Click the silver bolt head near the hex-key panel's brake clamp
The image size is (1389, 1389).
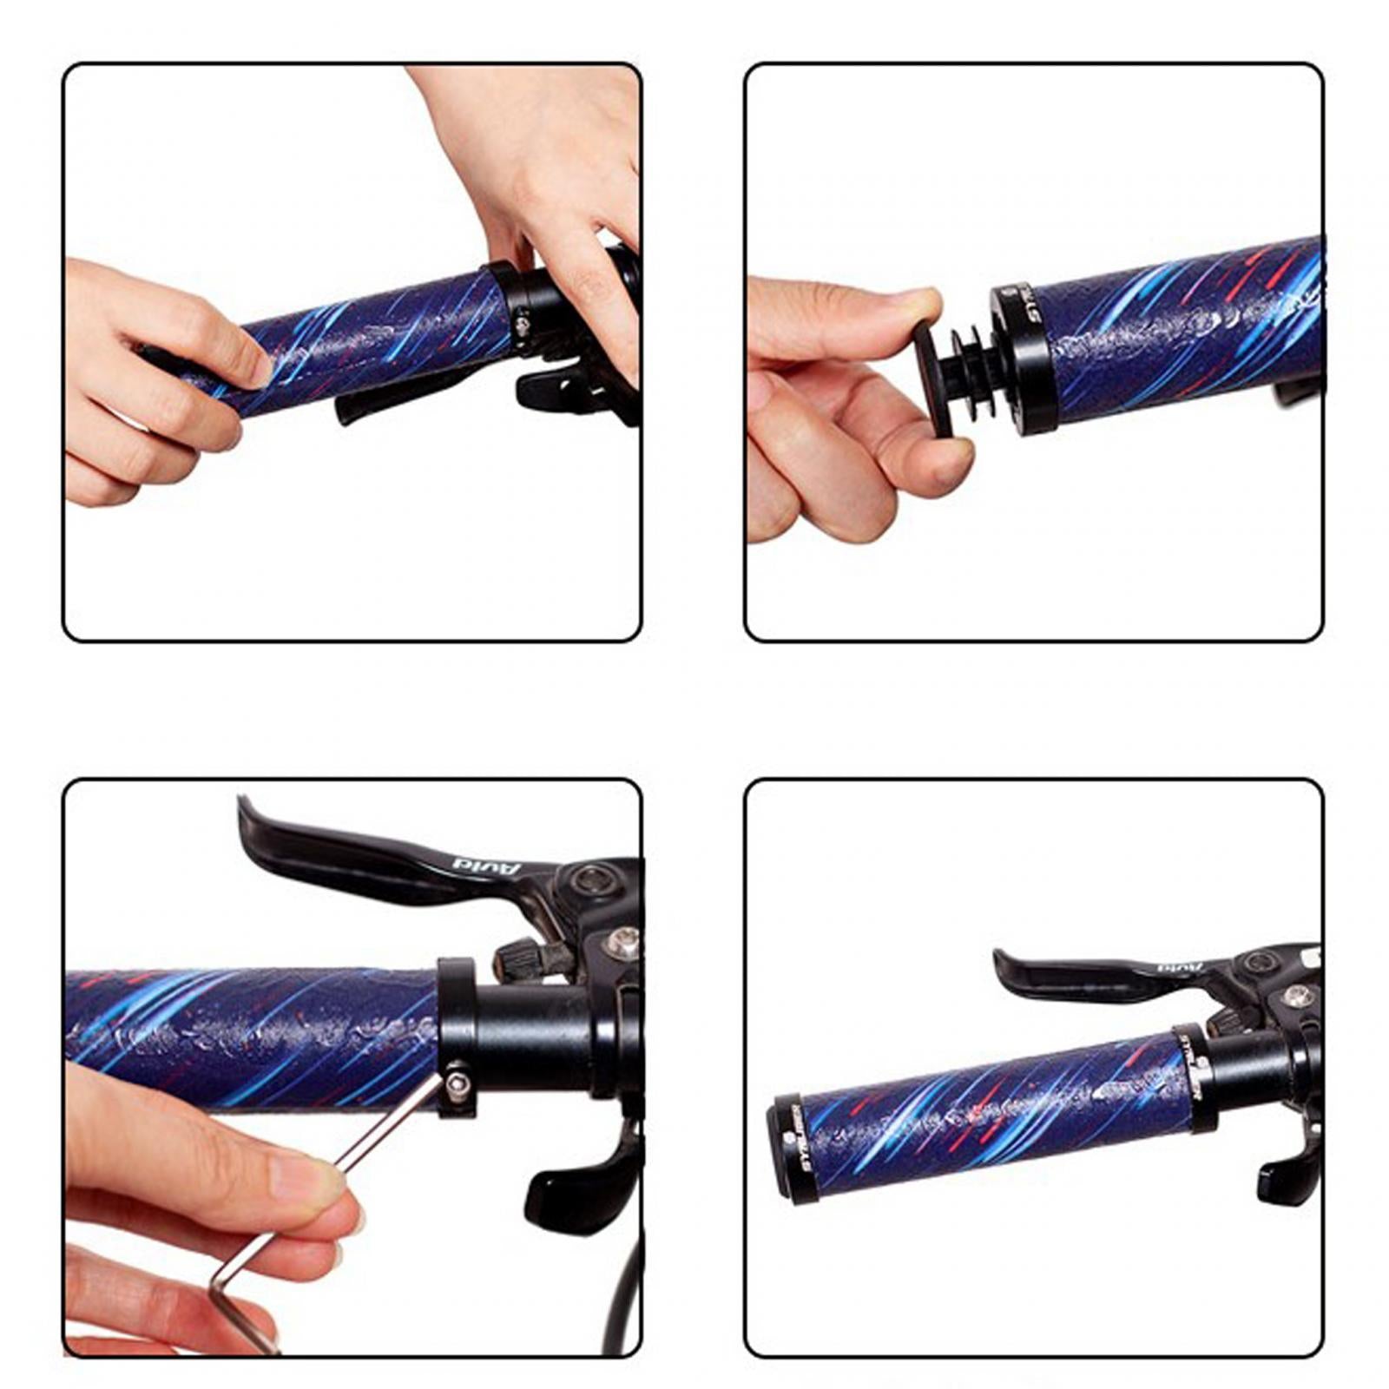point(623,939)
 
